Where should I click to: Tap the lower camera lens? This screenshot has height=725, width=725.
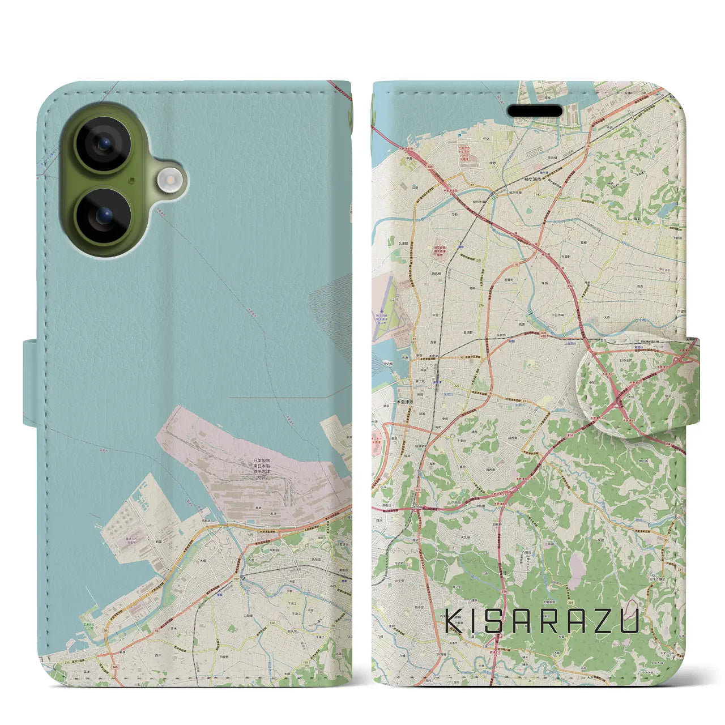point(103,216)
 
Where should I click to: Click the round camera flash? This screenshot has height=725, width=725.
point(169,181)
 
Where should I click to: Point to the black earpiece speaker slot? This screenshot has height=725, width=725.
point(538,110)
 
